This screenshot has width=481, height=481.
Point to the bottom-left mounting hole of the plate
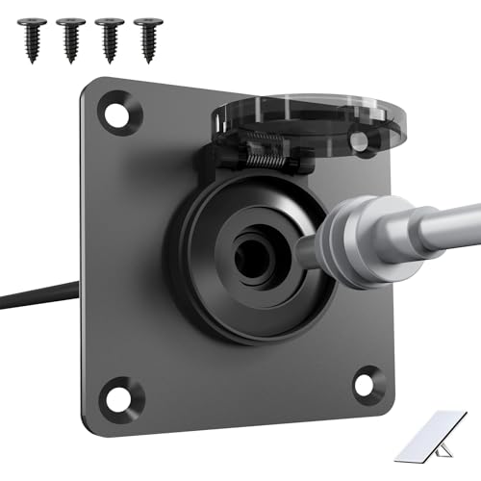(122, 392)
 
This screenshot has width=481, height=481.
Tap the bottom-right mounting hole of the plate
(368, 383)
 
